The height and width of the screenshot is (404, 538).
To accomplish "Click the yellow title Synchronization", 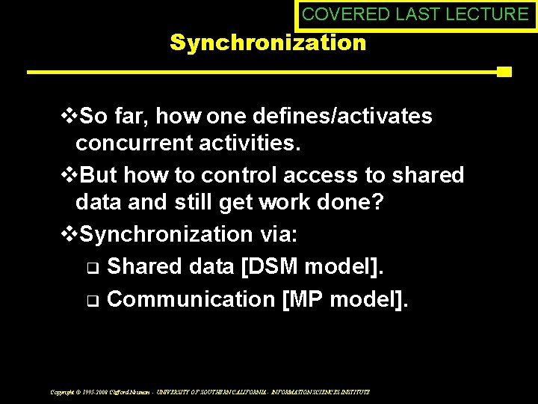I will coord(268,43).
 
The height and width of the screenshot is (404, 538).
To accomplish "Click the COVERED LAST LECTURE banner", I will coord(415,14).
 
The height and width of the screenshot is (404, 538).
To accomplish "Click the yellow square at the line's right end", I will coord(504,72).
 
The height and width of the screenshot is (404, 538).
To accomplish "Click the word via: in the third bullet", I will coord(279,234).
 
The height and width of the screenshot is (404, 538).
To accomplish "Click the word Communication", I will coord(191,299).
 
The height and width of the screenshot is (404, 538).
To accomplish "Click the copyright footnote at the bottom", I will coord(210,391).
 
